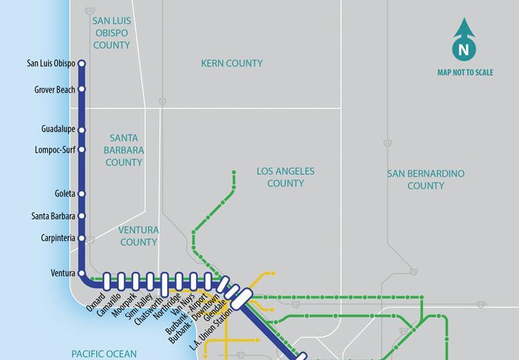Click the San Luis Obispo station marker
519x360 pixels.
pyautogui.click(x=82, y=64)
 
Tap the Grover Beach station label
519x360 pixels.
pyautogui.click(x=54, y=89)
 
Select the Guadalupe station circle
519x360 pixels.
pyautogui.click(x=82, y=130)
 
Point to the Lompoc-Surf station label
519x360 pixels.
pyautogui.click(x=55, y=150)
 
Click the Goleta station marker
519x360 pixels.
pyautogui.click(x=82, y=193)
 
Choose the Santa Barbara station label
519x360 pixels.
pyautogui.click(x=53, y=216)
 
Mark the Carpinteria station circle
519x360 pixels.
pyautogui.click(x=82, y=238)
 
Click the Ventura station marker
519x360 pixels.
pyautogui.click(x=82, y=273)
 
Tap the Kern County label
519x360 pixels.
pyautogui.click(x=232, y=64)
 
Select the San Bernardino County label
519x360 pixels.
pyautogui.click(x=426, y=179)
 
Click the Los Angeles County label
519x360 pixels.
pyautogui.click(x=285, y=177)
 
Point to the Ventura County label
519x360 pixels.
pyautogui.click(x=138, y=236)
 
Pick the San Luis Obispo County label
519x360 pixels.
pyautogui.click(x=111, y=33)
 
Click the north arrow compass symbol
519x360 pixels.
pyautogui.click(x=464, y=40)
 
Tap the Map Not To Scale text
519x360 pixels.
pyautogui.click(x=465, y=73)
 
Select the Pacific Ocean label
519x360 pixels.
pyautogui.click(x=104, y=353)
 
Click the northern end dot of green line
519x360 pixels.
pyautogui.click(x=234, y=173)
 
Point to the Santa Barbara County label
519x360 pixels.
pyautogui.click(x=124, y=150)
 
